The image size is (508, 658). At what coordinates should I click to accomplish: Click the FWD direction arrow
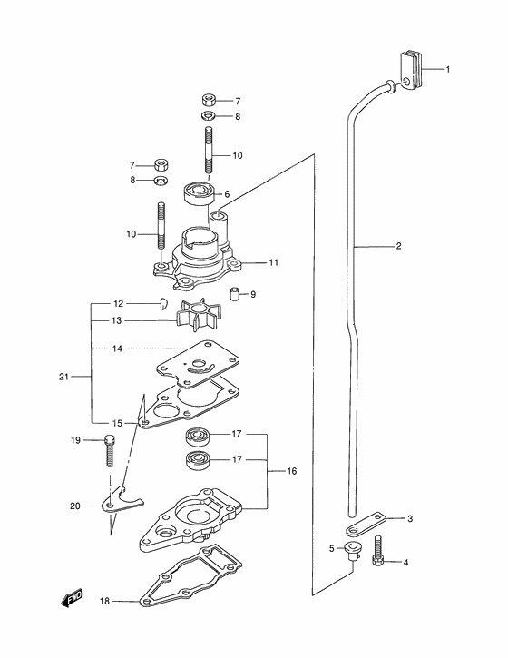point(72,597)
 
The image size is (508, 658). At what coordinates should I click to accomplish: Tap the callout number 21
point(63,377)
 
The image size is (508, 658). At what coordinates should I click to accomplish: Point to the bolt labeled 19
point(108,450)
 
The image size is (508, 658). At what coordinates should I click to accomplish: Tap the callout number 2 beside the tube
point(398,246)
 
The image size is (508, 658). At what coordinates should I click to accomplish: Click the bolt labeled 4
point(376,550)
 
